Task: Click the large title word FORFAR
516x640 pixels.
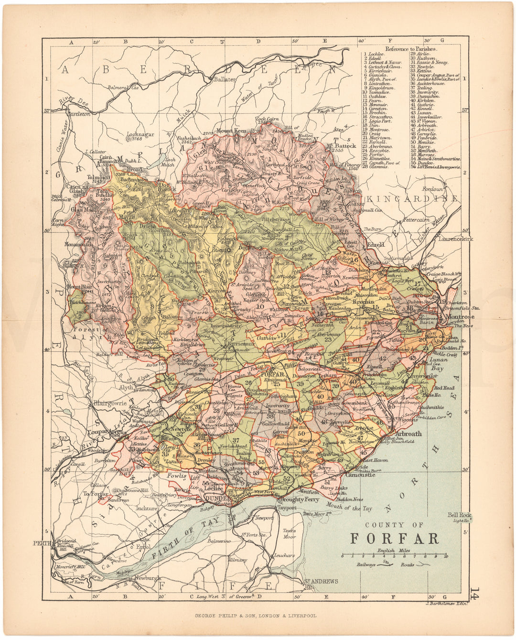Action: coord(395,538)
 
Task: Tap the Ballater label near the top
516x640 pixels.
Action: coord(225,79)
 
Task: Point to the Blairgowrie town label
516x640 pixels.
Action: coord(108,402)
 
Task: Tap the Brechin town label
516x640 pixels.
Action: coord(363,302)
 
